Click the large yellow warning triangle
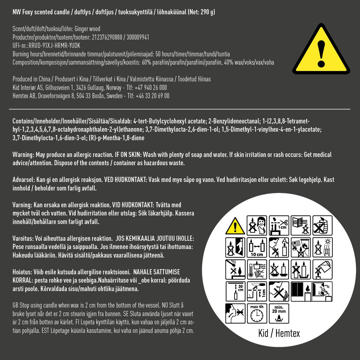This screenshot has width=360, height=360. [x=321, y=49]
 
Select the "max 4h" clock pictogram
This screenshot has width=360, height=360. [x=257, y=313]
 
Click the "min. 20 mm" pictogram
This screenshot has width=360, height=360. [x=279, y=313]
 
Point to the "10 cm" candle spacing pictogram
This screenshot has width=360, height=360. [x=257, y=248]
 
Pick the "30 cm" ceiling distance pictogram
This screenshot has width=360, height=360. [x=236, y=291]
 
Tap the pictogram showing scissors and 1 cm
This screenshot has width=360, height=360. [x=279, y=226]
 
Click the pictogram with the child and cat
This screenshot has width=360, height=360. [x=257, y=226]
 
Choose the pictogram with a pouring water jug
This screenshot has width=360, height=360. [x=323, y=269]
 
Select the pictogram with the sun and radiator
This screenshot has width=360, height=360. [x=323, y=248]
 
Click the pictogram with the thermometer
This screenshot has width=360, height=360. [x=257, y=269]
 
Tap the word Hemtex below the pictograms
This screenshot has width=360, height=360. [x=288, y=333]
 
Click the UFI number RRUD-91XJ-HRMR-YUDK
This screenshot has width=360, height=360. [x=55, y=45]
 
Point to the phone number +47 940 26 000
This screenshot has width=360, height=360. [x=151, y=87]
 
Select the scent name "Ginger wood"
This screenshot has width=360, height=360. [x=87, y=29]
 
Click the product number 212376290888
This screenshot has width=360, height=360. [x=107, y=37]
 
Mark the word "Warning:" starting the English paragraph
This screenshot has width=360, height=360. [x=23, y=155]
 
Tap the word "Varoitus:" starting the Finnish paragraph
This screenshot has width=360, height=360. [x=23, y=238]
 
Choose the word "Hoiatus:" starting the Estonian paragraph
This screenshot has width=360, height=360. [x=23, y=272]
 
